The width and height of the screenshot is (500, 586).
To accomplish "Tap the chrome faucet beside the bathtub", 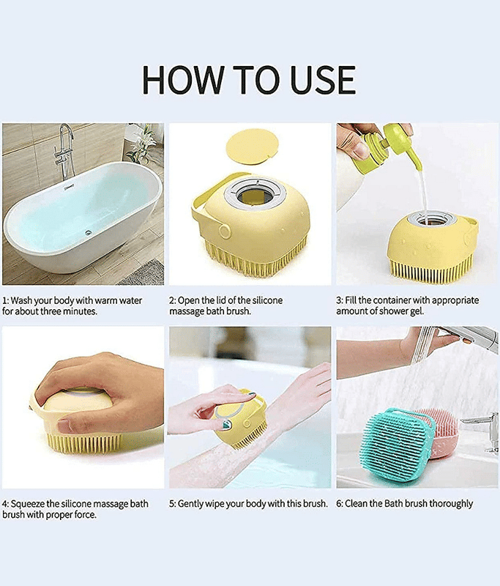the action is (65, 151).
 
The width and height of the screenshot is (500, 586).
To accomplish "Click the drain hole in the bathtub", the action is (89, 232).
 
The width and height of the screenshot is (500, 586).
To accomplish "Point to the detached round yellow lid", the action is (253, 146).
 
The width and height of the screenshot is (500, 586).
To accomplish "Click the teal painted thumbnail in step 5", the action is (226, 424).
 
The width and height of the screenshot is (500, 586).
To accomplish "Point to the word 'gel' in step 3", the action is (417, 311).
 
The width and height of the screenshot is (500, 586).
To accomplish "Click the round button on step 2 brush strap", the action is (225, 231).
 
